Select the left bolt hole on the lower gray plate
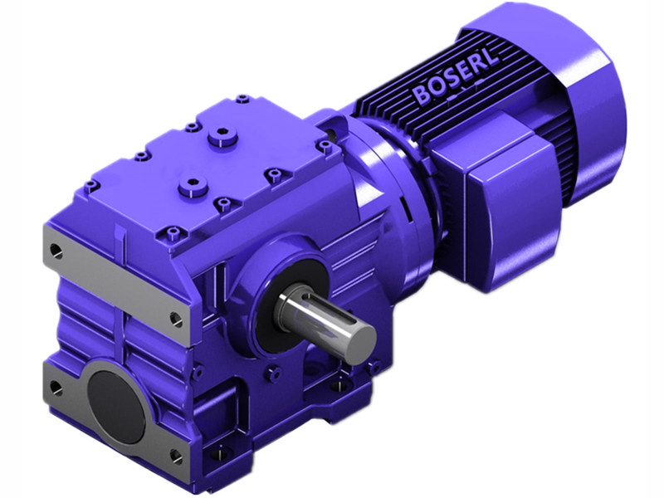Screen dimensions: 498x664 coord(56,387)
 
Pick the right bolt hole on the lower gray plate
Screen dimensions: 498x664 coord(175,456)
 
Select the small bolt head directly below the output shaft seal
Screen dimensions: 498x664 coord(271,374)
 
